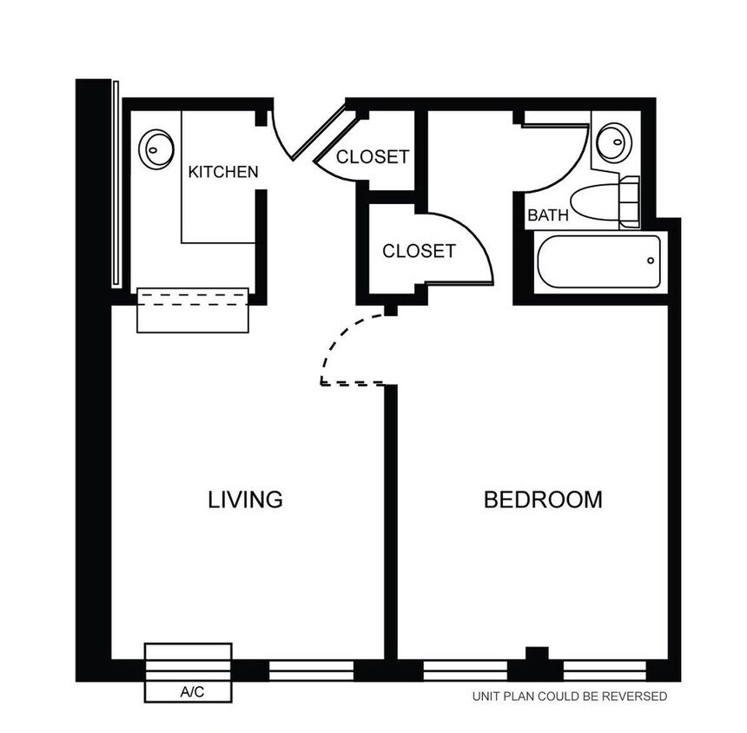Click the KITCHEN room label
point(223,172)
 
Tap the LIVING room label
point(245,499)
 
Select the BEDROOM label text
point(543,499)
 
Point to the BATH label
point(548,215)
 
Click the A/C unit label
point(192,691)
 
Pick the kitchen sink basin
point(155,149)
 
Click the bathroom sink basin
point(615,142)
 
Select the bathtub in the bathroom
point(598,261)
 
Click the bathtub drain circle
point(651,261)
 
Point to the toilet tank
point(630,202)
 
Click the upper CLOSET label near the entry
point(373,156)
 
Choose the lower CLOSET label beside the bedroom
point(420,251)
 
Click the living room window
point(312,670)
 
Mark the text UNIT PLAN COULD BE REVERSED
point(570,697)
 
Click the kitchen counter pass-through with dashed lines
point(193,310)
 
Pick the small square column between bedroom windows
point(537,653)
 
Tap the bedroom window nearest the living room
point(466,670)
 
